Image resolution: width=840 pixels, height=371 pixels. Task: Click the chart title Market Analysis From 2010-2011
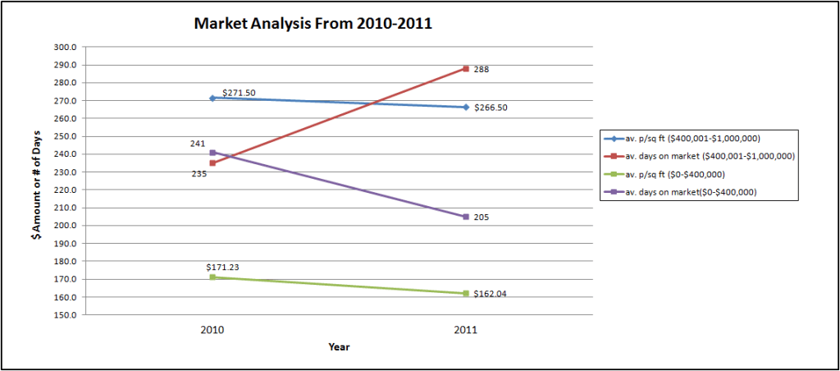(313, 24)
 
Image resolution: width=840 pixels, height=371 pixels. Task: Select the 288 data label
(482, 70)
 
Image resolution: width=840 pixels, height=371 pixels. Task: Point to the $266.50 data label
(491, 108)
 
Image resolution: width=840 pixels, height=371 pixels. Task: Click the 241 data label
(197, 144)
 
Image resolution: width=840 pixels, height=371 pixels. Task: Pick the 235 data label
(199, 173)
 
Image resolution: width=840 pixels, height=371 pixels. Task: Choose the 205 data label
(482, 218)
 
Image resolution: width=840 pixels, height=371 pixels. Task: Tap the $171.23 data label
(222, 267)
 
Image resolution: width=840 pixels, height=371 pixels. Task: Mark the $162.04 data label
(491, 294)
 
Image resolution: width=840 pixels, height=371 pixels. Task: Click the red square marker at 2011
(466, 69)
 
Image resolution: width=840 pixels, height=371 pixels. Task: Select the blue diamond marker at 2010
(212, 98)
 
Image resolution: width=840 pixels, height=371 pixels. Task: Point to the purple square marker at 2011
(466, 217)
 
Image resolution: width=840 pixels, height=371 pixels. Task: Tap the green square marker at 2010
(212, 277)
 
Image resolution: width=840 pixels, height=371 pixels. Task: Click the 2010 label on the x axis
(212, 329)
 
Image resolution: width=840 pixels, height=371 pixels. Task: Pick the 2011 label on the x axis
(466, 329)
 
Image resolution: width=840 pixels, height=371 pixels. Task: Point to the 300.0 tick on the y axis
(66, 47)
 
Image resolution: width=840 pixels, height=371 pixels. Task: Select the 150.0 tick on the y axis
(66, 315)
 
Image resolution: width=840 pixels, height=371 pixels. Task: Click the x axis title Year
(339, 347)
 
